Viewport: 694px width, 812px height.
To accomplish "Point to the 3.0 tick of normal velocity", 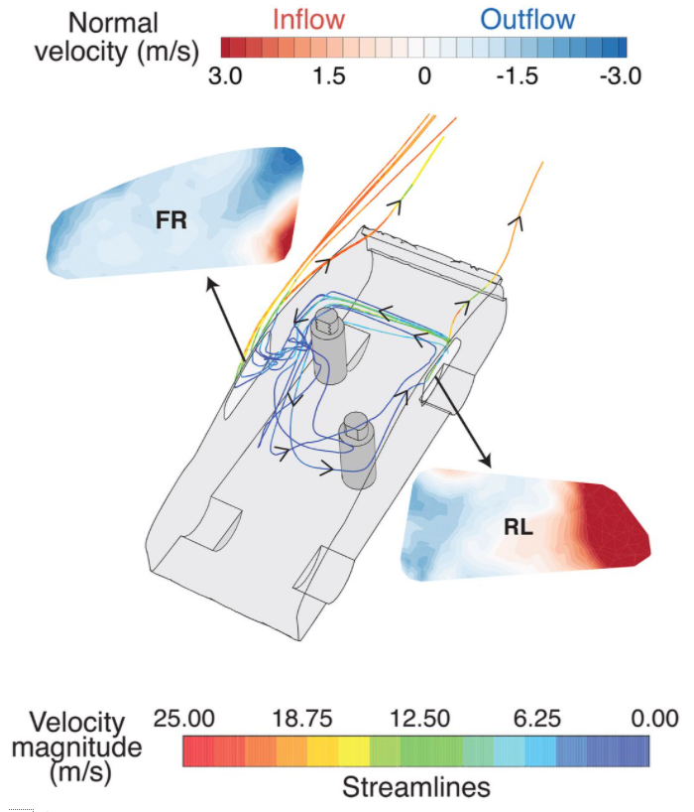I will tap(226, 75).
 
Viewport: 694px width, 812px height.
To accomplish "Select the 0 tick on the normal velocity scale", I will tap(424, 75).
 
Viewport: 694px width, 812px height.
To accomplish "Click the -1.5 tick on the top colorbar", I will tap(518, 75).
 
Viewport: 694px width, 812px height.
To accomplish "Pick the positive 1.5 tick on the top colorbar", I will tap(326, 75).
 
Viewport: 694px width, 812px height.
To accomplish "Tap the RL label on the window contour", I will tap(519, 528).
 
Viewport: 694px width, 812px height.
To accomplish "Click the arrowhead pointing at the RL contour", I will tap(487, 462).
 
